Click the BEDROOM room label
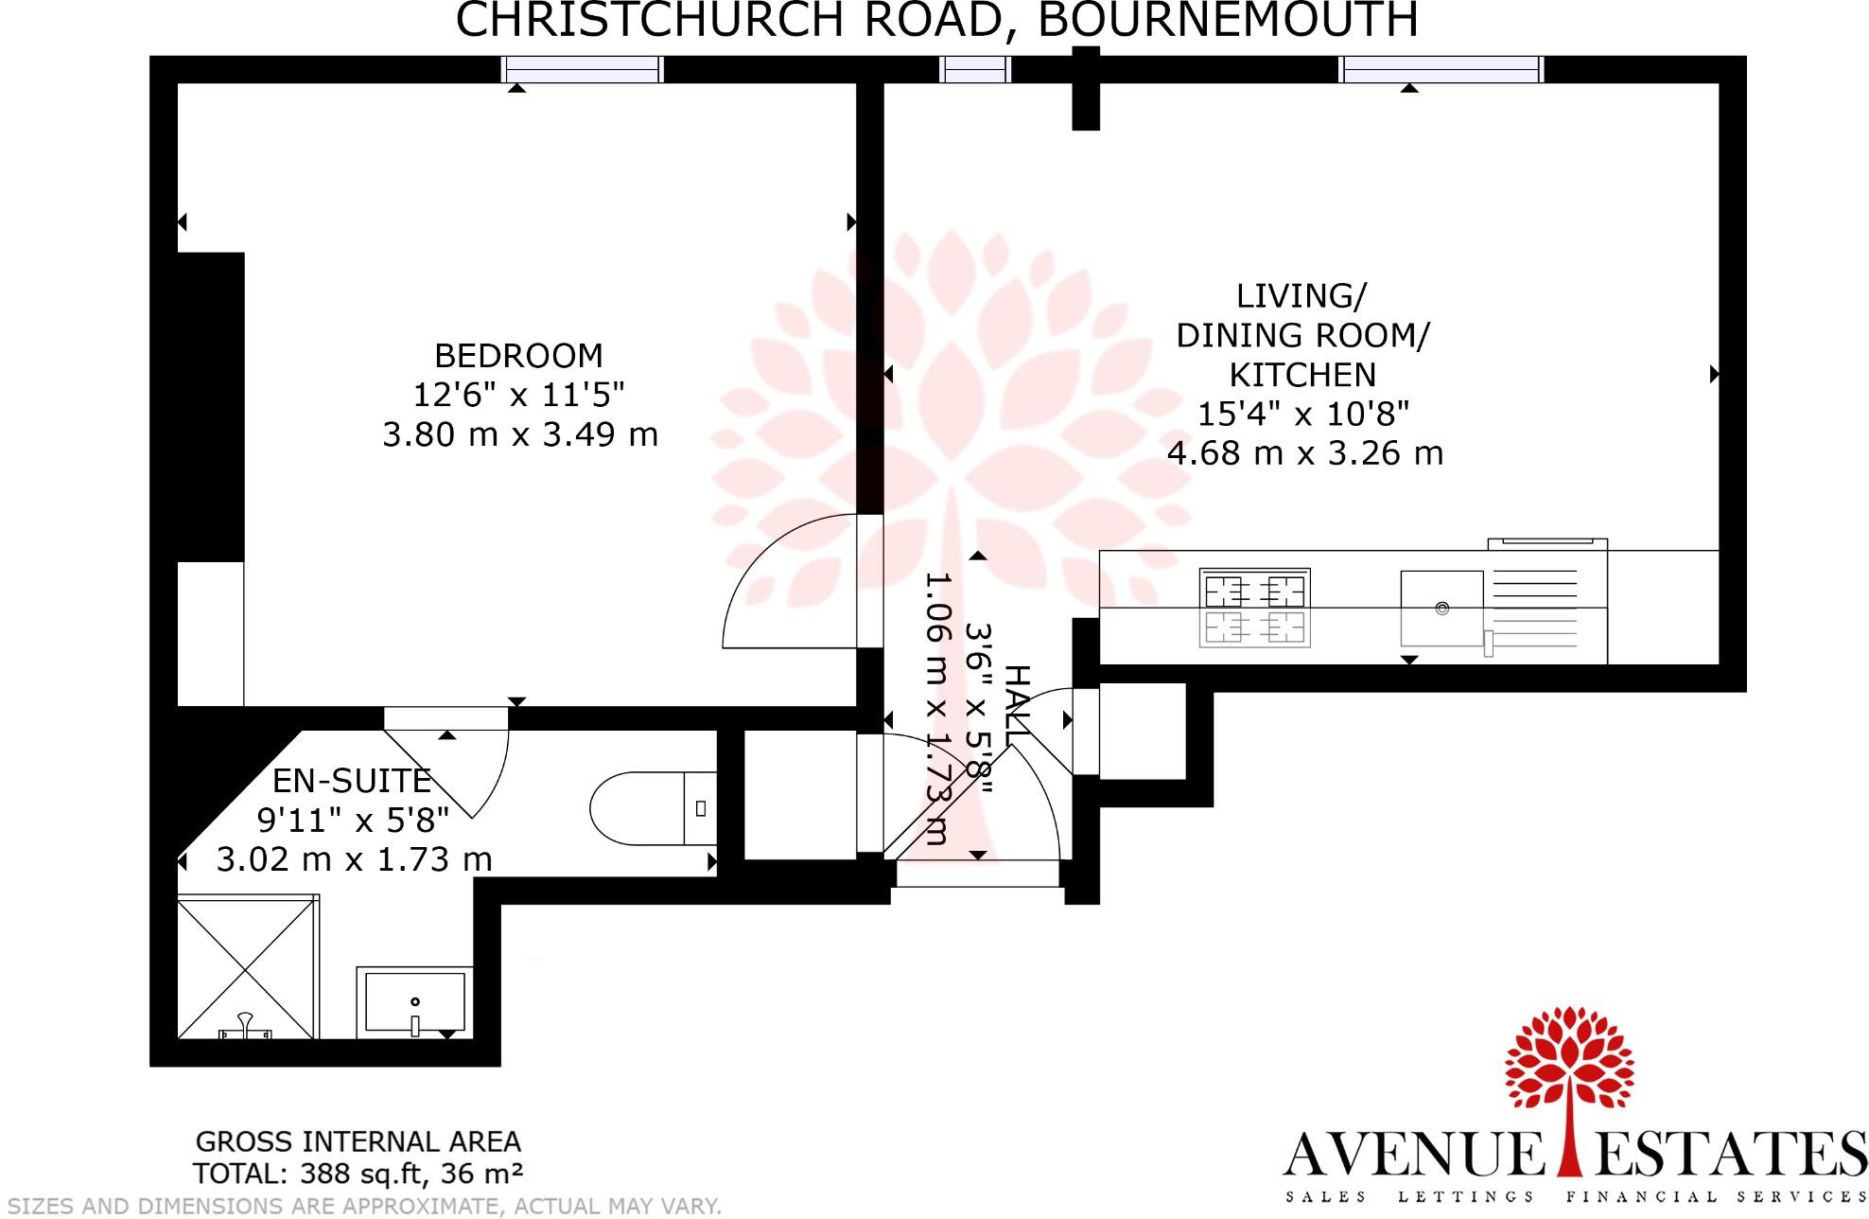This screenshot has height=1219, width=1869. tap(518, 356)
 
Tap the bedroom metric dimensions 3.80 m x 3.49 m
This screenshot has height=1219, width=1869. tap(519, 434)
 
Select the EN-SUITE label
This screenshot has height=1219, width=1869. tap(352, 781)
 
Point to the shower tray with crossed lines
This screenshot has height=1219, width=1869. tap(247, 966)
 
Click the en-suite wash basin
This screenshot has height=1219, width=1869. tap(414, 1002)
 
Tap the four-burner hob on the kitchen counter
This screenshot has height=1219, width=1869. tap(1254, 608)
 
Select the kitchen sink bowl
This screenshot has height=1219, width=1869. tap(1441, 608)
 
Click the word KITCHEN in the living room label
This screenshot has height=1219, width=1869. tap(1302, 376)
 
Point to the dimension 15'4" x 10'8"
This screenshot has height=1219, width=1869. tap(1303, 415)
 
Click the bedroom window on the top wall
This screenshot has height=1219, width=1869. tap(582, 69)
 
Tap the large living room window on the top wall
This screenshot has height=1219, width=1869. tap(1441, 69)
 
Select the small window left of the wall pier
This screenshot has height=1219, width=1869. tap(974, 69)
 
